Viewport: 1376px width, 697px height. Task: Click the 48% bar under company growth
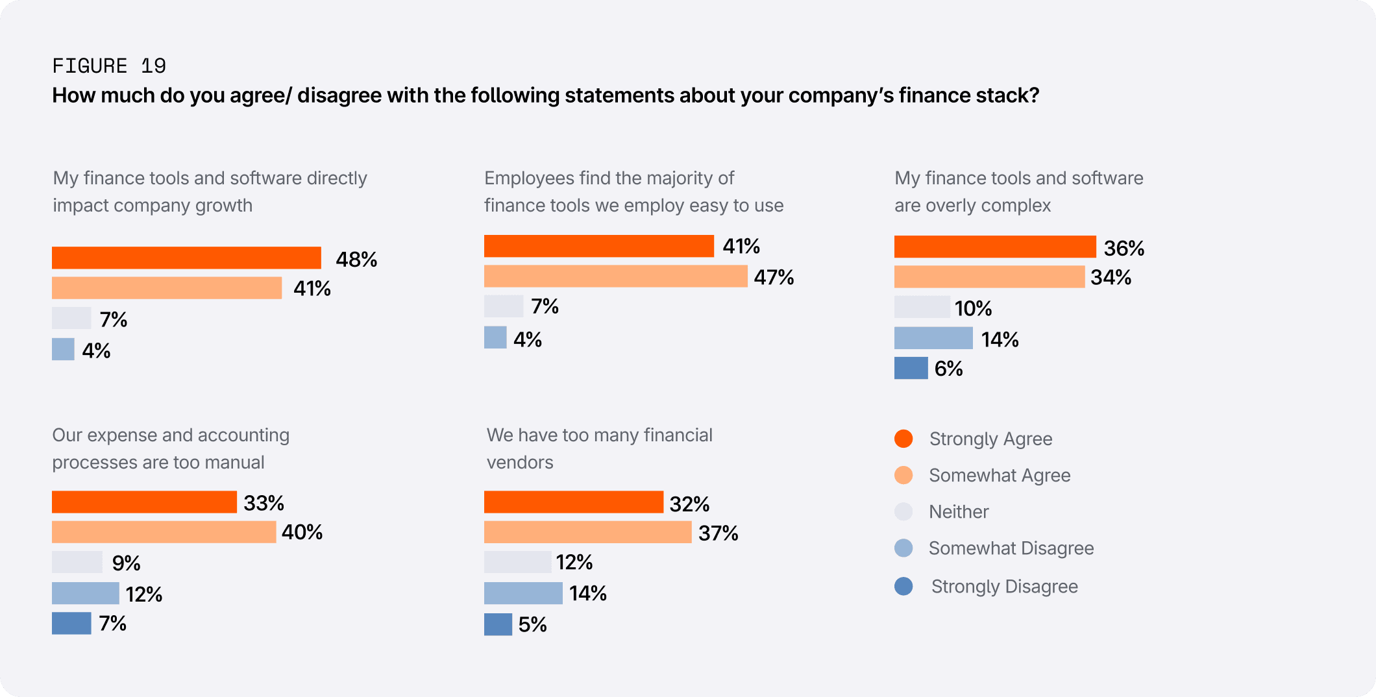(186, 258)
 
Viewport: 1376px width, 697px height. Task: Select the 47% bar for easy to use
(615, 276)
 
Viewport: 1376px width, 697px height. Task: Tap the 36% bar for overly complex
(995, 247)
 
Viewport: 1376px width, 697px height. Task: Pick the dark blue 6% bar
(911, 368)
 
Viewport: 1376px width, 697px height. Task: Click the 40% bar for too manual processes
(164, 532)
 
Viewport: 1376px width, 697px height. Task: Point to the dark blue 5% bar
(498, 624)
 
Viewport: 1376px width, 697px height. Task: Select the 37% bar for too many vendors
(587, 533)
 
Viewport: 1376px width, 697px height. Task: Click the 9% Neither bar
(77, 562)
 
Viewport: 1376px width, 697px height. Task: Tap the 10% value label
(973, 308)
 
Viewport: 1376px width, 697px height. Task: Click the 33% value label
(264, 503)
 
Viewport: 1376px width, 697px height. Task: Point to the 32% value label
(689, 504)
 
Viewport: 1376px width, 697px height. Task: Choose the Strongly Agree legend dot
(903, 439)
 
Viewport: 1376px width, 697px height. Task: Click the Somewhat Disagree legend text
(1011, 548)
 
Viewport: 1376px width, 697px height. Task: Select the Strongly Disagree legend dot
(903, 586)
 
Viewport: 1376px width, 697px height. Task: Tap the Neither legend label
(959, 512)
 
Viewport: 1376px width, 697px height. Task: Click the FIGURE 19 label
(109, 66)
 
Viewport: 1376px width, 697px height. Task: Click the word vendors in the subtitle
(520, 462)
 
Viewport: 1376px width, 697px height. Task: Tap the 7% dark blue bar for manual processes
(71, 623)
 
